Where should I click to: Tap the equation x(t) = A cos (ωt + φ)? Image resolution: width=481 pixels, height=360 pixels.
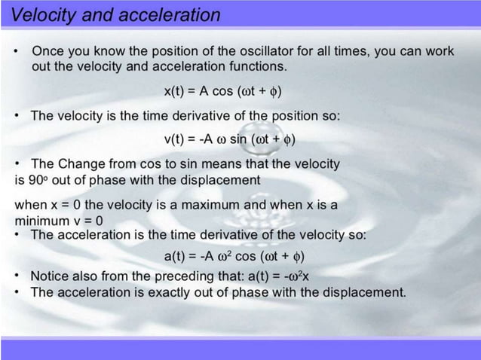tap(222, 92)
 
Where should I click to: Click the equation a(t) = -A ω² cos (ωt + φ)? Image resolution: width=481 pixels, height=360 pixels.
tap(234, 255)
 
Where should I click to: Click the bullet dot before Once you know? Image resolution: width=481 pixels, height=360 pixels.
tap(17, 52)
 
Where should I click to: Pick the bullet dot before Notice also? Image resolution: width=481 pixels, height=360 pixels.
tap(17, 276)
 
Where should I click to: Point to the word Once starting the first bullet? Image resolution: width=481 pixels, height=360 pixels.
tap(47, 52)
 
